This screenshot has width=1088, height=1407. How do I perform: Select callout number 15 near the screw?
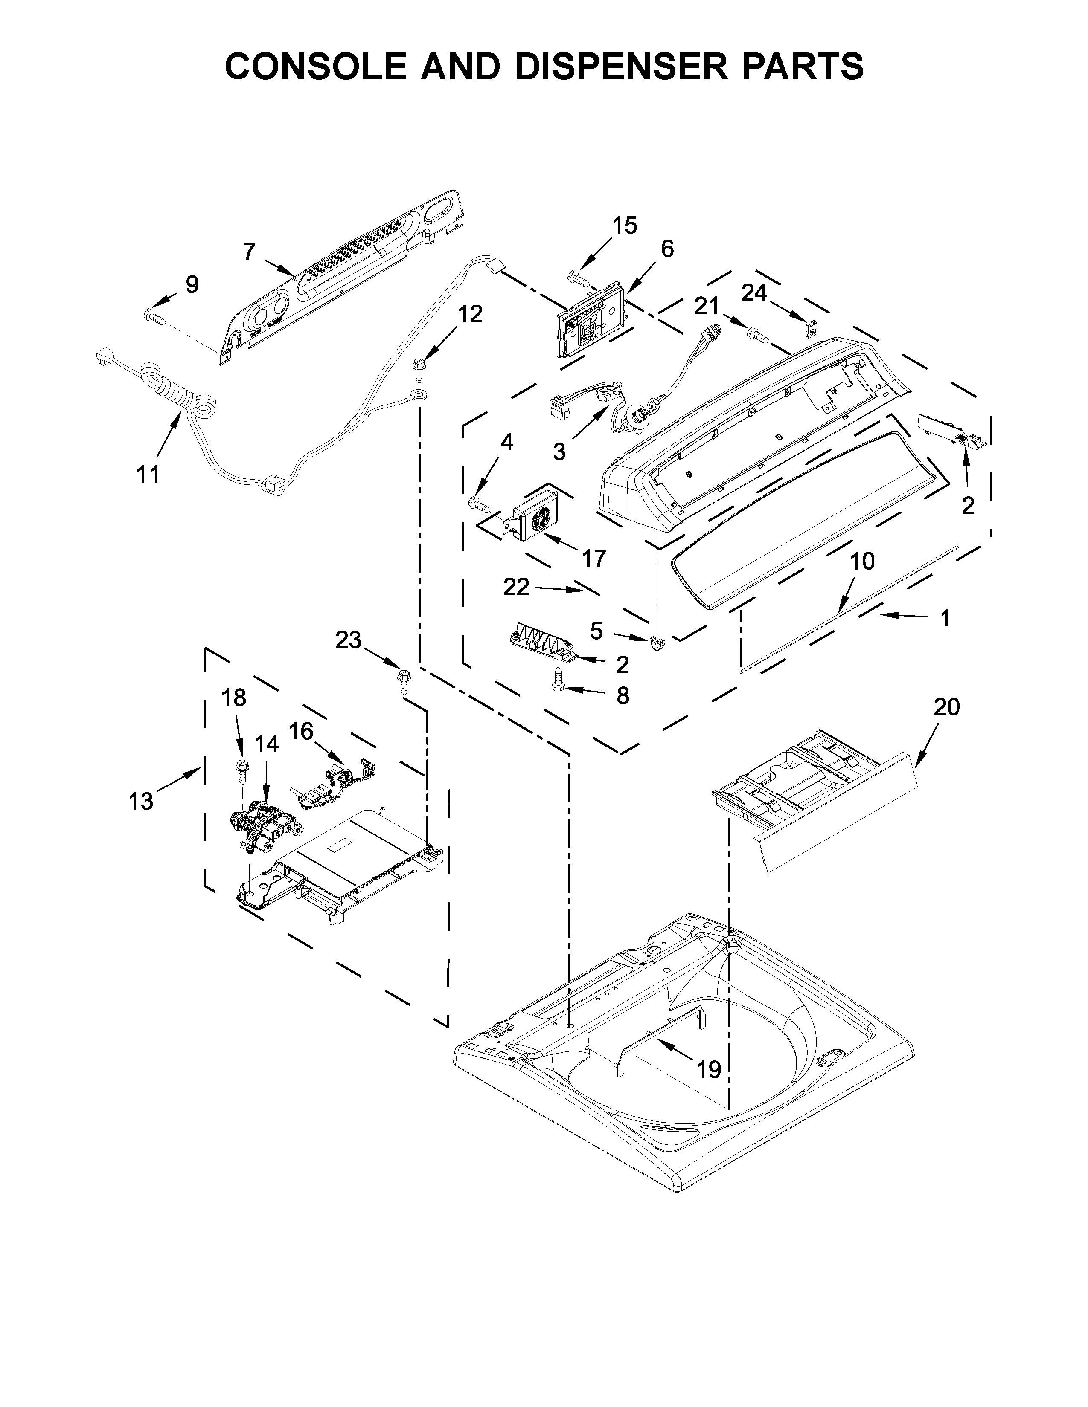coord(624,226)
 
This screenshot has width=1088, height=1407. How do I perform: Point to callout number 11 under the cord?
coord(148,475)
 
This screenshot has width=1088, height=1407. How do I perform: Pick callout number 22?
coord(516,587)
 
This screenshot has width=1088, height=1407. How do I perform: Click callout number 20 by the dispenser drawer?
coord(946,707)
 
